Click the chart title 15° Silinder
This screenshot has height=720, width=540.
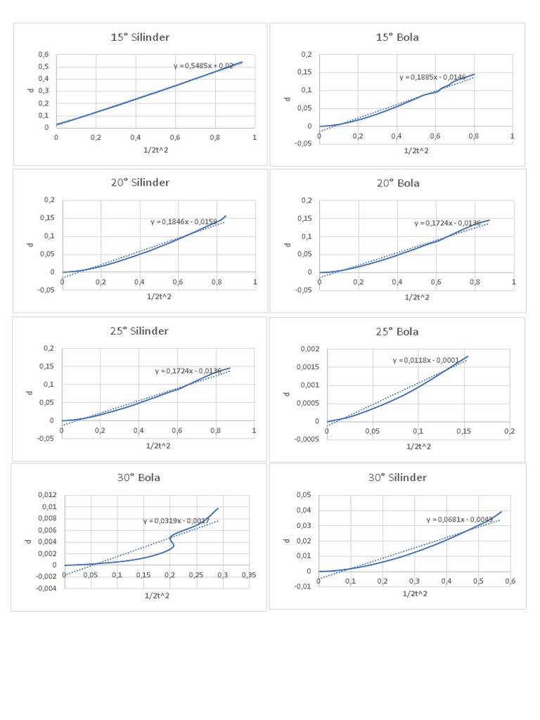pos(140,37)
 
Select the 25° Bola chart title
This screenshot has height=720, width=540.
pos(397,331)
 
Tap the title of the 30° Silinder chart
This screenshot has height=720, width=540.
pos(397,477)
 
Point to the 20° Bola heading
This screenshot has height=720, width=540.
pos(398,183)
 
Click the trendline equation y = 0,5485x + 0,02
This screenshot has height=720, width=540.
pos(204,65)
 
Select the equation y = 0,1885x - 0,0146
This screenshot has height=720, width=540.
pos(432,77)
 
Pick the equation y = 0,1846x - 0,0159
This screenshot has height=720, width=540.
pos(183,222)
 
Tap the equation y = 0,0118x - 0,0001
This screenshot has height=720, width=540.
pos(425,361)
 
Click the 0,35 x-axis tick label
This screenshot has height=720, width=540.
pos(249,574)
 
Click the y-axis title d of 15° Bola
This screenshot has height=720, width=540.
pos(288,98)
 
